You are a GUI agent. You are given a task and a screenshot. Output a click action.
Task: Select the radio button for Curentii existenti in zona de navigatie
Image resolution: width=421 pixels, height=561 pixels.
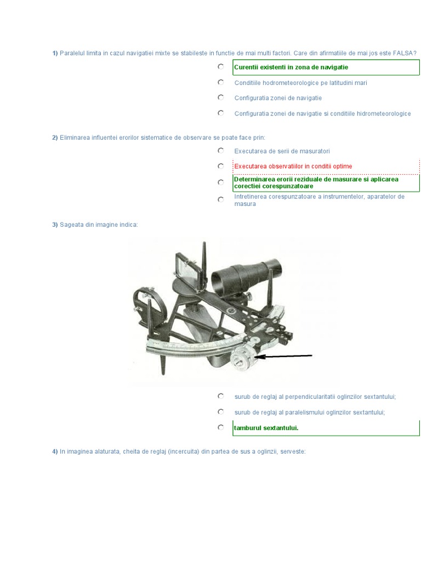pyautogui.click(x=221, y=66)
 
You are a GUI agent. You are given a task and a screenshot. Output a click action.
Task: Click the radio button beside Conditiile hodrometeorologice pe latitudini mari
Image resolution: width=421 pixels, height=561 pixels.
pyautogui.click(x=221, y=82)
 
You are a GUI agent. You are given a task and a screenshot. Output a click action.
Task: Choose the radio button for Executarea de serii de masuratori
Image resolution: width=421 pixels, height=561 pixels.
pyautogui.click(x=221, y=151)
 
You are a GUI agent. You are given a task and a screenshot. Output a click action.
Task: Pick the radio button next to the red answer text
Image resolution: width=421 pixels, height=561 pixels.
pyautogui.click(x=221, y=166)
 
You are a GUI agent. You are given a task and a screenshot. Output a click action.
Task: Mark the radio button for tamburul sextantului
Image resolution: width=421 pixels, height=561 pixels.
pyautogui.click(x=221, y=427)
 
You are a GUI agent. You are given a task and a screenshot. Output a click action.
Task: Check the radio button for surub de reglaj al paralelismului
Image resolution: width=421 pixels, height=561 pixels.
pyautogui.click(x=221, y=412)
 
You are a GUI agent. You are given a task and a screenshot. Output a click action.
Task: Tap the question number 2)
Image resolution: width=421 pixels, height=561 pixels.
pyautogui.click(x=55, y=138)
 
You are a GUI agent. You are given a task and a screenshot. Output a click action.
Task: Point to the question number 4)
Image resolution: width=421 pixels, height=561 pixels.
pyautogui.click(x=55, y=451)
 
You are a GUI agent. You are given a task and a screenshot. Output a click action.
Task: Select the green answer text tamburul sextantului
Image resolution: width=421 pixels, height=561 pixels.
pyautogui.click(x=266, y=428)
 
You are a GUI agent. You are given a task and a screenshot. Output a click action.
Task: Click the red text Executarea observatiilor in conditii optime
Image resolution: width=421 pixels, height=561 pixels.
pyautogui.click(x=293, y=167)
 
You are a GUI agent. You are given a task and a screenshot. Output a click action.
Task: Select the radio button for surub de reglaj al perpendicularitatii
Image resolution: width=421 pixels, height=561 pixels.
pyautogui.click(x=221, y=396)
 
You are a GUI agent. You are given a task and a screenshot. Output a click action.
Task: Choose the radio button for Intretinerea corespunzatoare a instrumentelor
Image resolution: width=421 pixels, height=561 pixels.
pyautogui.click(x=221, y=199)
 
